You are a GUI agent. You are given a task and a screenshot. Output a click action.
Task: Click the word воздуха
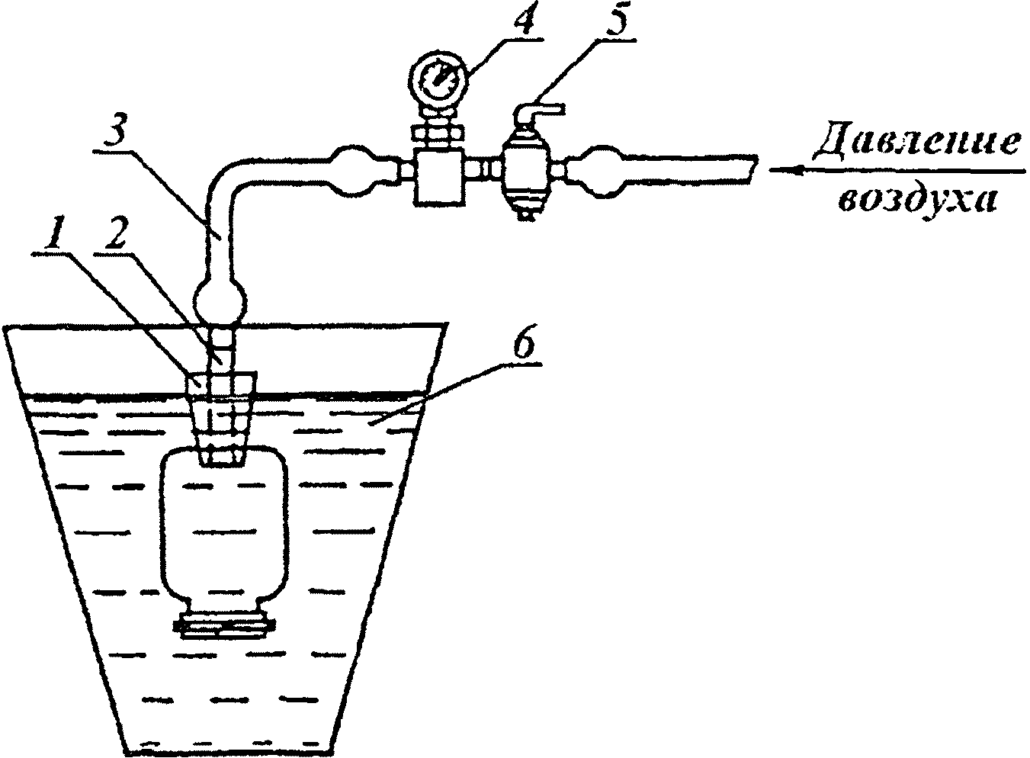917,201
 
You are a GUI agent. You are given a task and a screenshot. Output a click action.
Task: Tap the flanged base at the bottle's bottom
223,625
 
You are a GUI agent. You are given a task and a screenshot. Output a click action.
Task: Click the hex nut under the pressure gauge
436,133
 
